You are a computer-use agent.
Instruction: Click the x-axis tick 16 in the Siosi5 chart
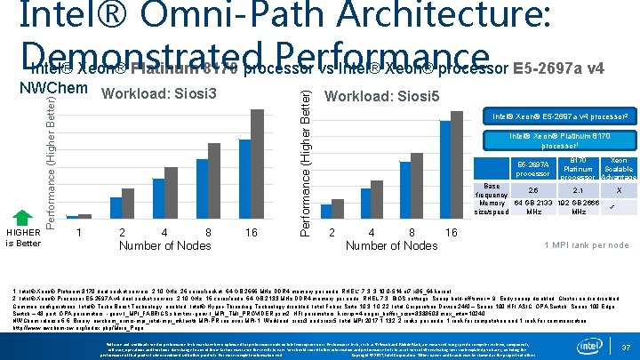tap(451, 232)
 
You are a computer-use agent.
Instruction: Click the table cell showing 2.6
tap(532, 190)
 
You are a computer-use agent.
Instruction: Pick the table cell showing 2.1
tap(579, 190)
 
